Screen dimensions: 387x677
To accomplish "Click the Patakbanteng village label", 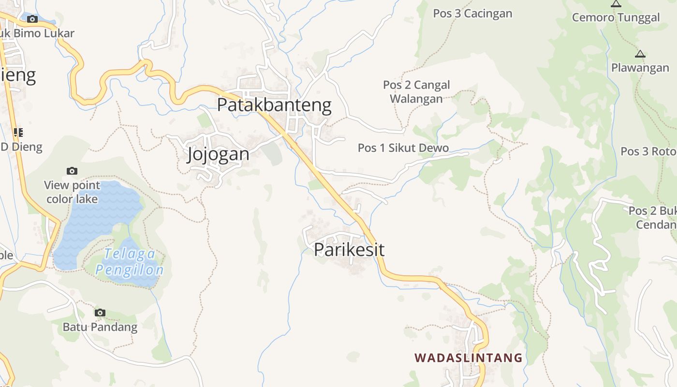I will pyautogui.click(x=274, y=105).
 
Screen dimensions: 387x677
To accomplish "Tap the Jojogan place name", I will pyautogui.click(x=218, y=154).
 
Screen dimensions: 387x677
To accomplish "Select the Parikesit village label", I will pyautogui.click(x=349, y=250).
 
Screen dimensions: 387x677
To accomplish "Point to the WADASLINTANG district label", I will pyautogui.click(x=468, y=358).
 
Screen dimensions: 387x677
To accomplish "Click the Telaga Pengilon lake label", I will pyautogui.click(x=129, y=262).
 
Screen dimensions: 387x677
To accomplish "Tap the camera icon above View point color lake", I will pyautogui.click(x=72, y=171).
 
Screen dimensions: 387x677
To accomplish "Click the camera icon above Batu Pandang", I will pyautogui.click(x=100, y=313).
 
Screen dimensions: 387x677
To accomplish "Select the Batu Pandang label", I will pyautogui.click(x=100, y=327).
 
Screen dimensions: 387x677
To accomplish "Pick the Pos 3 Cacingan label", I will pyautogui.click(x=472, y=14).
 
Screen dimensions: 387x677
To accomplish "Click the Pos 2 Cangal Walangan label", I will pyautogui.click(x=416, y=91).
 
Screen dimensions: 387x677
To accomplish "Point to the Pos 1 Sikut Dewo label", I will pyautogui.click(x=403, y=148).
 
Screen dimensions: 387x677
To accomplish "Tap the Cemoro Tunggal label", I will pyautogui.click(x=616, y=18).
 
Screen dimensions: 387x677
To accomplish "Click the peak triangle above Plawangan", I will pyautogui.click(x=640, y=54).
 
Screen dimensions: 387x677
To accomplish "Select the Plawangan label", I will pyautogui.click(x=640, y=68).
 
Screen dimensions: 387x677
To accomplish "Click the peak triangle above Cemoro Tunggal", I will pyautogui.click(x=616, y=4).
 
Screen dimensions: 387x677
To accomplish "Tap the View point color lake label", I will pyautogui.click(x=72, y=192).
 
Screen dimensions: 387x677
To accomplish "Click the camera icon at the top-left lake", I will pyautogui.click(x=32, y=19).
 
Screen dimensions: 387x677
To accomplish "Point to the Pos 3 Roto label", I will pyautogui.click(x=648, y=151).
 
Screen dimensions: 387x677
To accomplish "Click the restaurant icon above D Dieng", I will pyautogui.click(x=18, y=132).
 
